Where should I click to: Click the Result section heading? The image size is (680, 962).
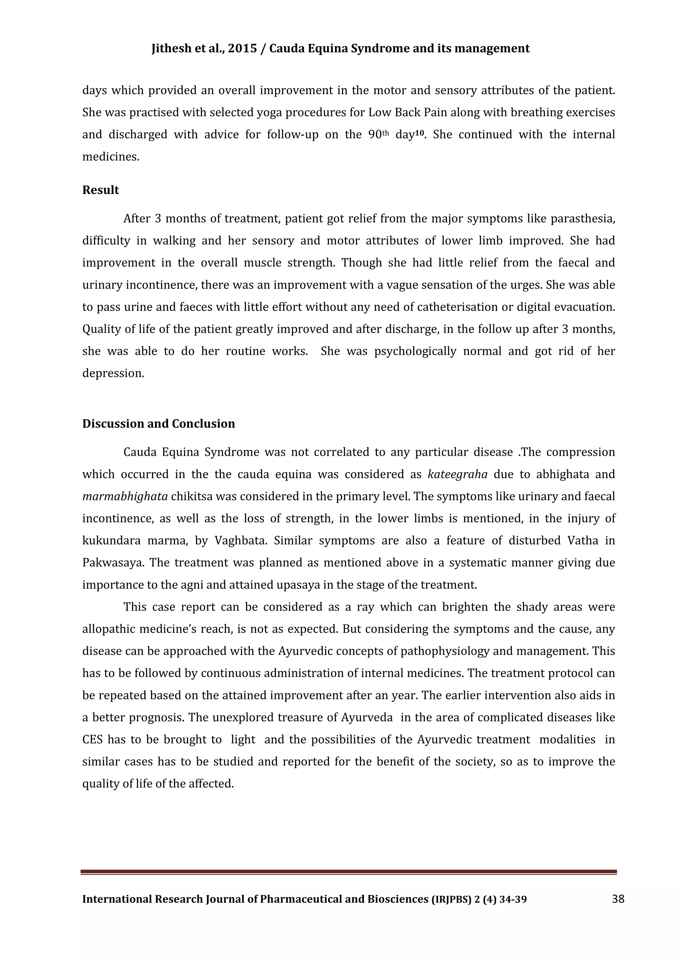point(101,190)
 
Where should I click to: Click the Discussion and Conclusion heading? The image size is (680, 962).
point(158,424)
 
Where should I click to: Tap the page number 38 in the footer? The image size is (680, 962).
point(618,899)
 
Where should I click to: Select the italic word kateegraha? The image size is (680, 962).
point(457,474)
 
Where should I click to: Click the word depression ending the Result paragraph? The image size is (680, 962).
point(113,373)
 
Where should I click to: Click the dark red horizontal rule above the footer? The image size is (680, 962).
point(348,872)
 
